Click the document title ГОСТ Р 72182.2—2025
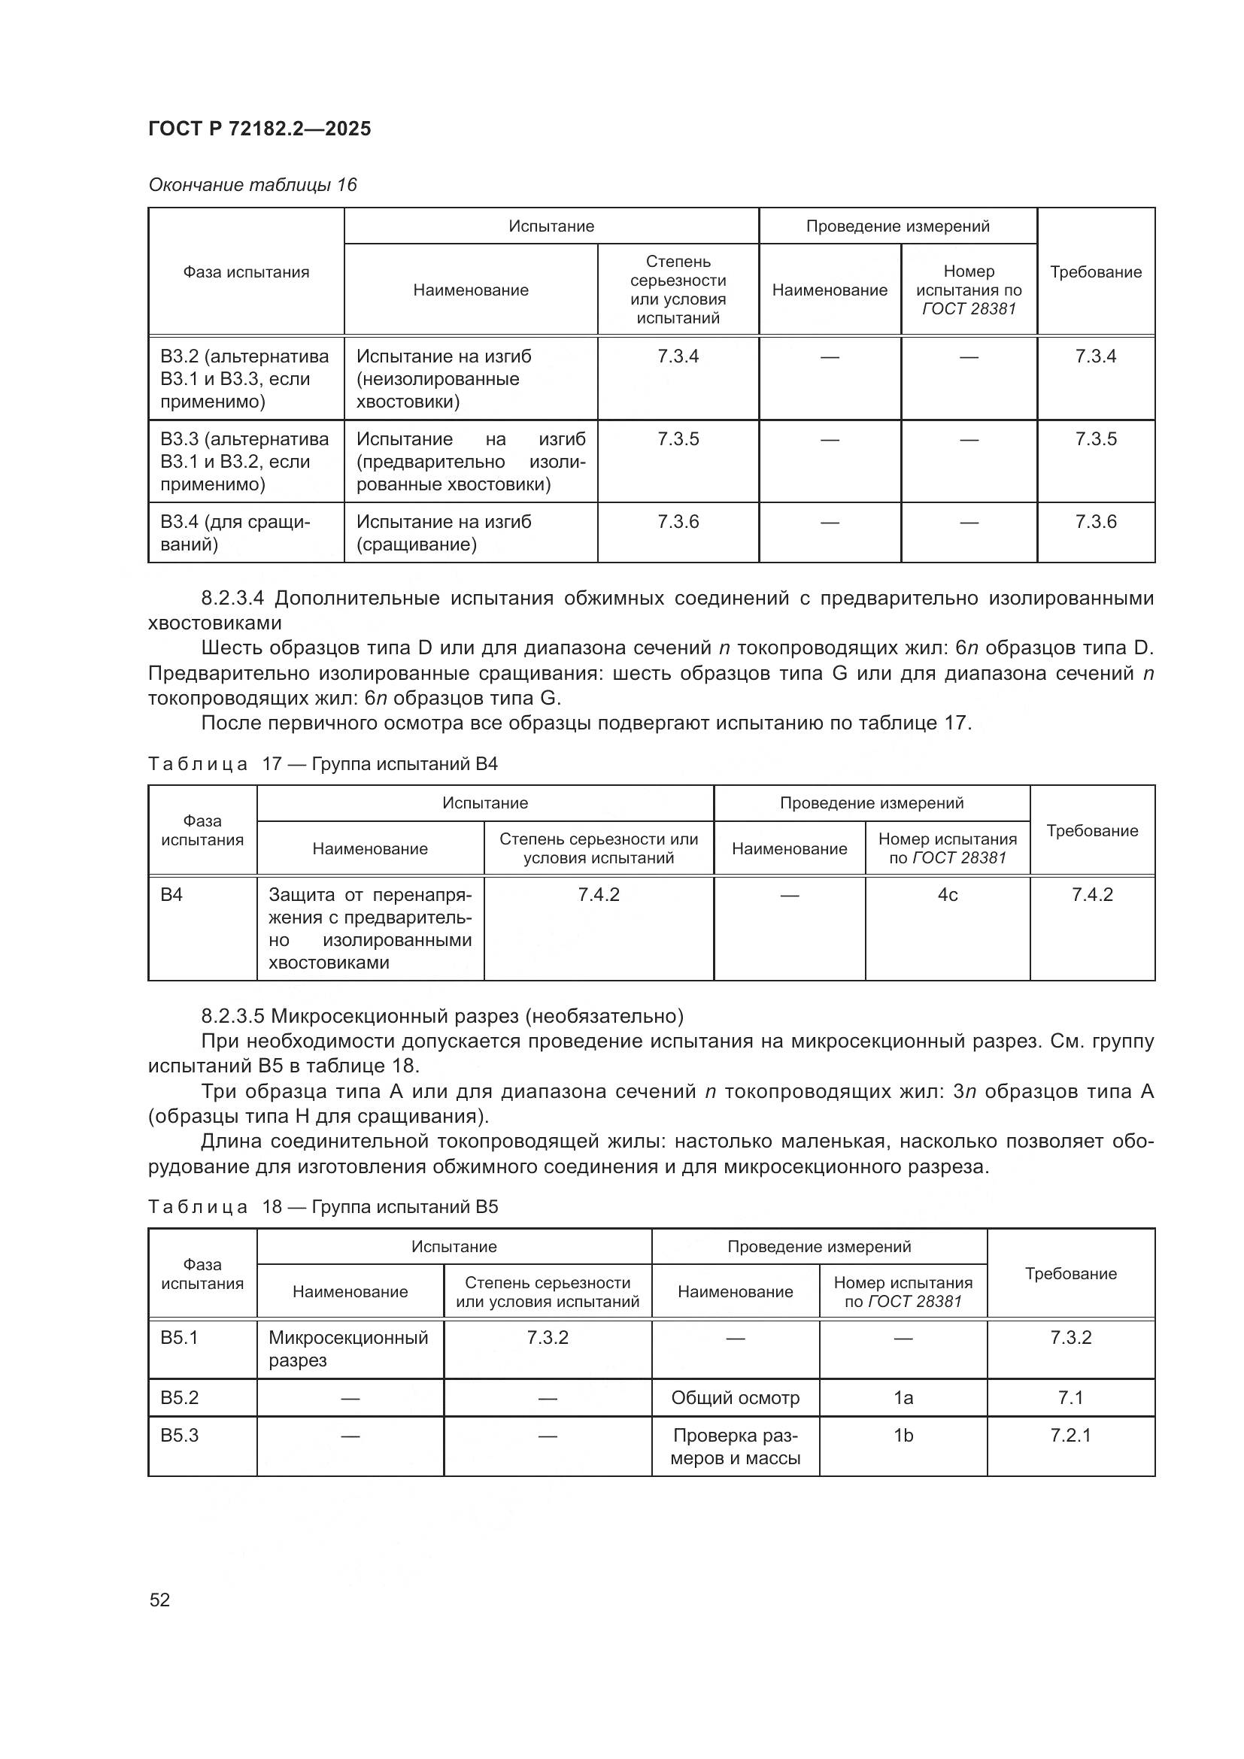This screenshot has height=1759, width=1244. coord(259,129)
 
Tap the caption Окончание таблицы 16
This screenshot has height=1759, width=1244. coord(253,185)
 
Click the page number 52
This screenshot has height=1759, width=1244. coord(159,1600)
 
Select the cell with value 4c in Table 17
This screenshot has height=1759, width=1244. coord(948,895)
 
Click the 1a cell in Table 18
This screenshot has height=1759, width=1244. coord(903,1397)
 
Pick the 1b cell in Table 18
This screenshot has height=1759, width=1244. coord(903,1435)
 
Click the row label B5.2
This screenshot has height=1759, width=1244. coord(180,1397)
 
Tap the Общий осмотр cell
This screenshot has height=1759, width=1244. coord(736,1397)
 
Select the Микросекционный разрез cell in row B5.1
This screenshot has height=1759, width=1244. coord(348,1348)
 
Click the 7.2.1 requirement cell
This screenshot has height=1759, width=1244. coord(1070,1435)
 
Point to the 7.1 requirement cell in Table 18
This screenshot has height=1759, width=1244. coord(1070,1397)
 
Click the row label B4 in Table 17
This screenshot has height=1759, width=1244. coord(171,895)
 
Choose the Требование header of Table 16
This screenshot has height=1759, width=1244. coord(1095,272)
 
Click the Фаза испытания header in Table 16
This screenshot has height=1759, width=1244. coord(246,272)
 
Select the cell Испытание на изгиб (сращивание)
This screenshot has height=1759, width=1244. coord(444,532)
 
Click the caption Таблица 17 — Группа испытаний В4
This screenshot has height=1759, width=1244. coord(323,764)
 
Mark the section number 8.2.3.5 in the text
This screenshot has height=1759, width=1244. coord(232,1016)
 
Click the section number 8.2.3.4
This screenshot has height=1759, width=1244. coord(232,598)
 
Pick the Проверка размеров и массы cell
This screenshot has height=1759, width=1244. coord(736,1446)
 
